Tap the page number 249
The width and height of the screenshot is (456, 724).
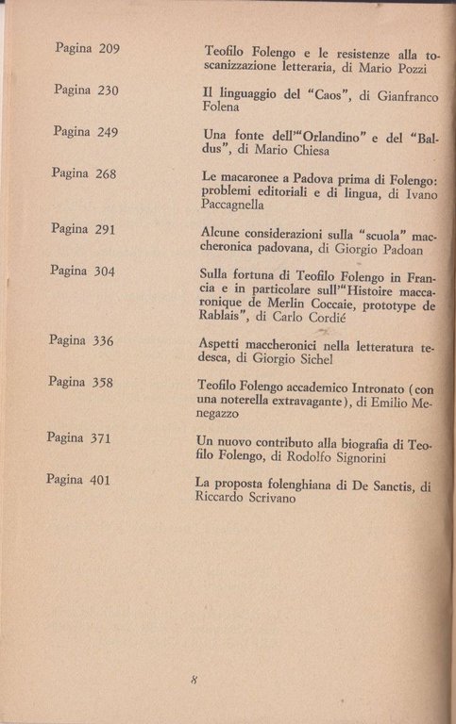click(x=107, y=132)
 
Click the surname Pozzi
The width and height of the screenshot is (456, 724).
click(x=410, y=69)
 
